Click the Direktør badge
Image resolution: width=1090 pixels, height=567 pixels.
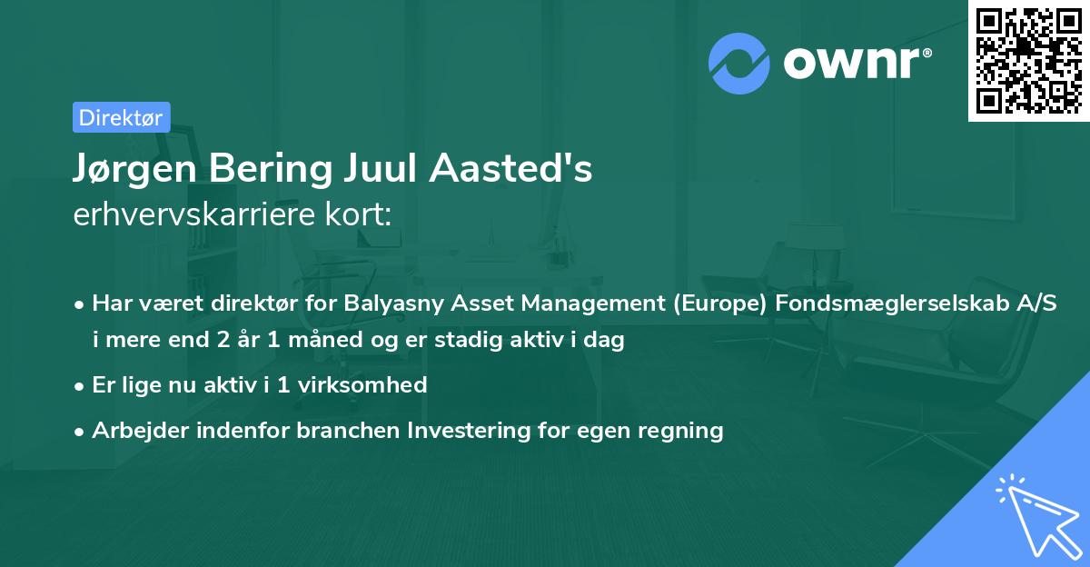pyautogui.click(x=121, y=117)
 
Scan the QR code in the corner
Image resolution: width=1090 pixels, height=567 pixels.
pyautogui.click(x=1029, y=60)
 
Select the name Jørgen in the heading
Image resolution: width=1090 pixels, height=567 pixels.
pyautogui.click(x=126, y=170)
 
